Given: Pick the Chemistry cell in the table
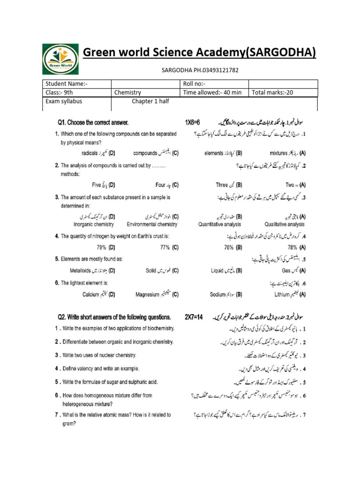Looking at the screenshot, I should click(127, 93).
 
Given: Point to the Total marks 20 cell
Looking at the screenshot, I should click(272, 93).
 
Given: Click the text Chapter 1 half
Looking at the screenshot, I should click(150, 102).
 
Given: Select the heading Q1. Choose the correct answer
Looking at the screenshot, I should click(93, 123).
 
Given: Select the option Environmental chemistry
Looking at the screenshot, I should click(152, 224).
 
